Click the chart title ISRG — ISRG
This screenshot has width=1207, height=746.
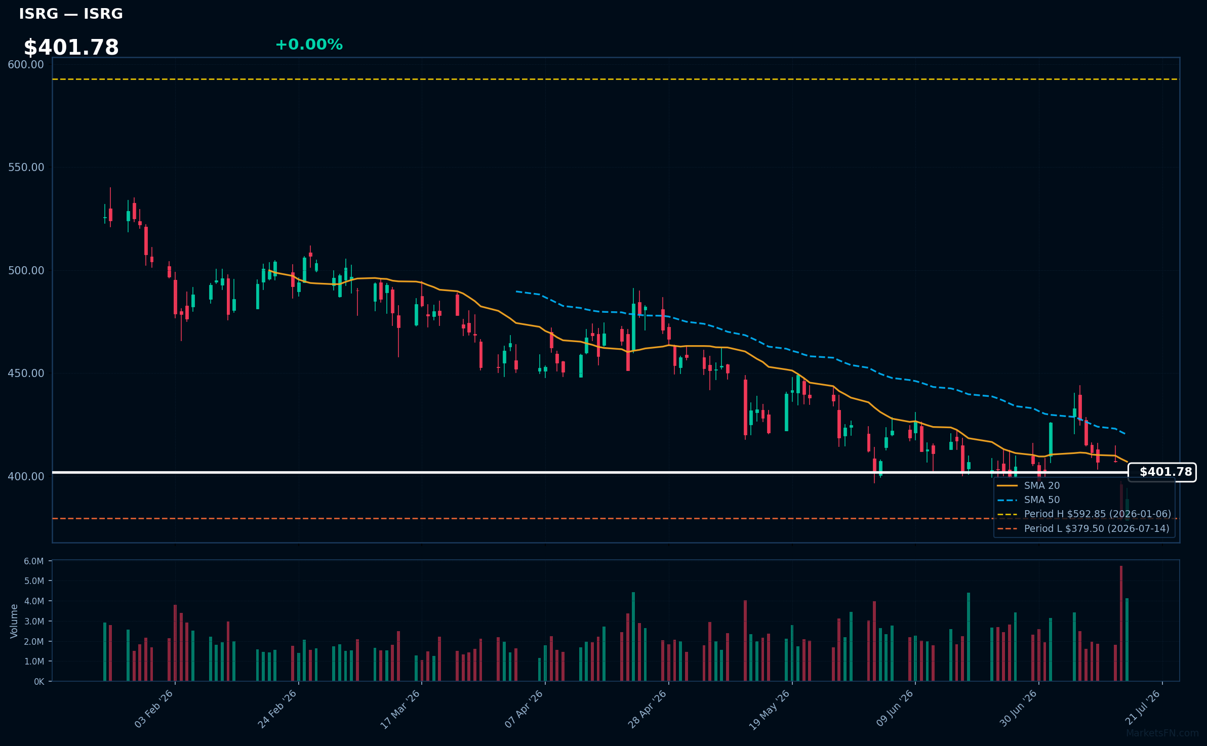coord(71,14)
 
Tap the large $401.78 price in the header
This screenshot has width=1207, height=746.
coord(71,48)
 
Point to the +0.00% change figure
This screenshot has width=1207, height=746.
coord(309,45)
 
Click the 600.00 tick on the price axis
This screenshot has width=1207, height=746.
coord(26,64)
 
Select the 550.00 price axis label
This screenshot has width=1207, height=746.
coord(26,167)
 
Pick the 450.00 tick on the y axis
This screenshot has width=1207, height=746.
coord(26,373)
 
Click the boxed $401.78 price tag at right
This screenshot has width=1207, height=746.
coord(1162,472)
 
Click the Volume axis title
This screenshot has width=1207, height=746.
coord(14,621)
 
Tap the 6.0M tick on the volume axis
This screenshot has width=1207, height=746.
coord(34,561)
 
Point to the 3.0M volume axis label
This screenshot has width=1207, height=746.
coord(34,621)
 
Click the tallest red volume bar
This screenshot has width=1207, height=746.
coord(1121,624)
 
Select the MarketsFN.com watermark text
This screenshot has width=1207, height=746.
coord(1162,733)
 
